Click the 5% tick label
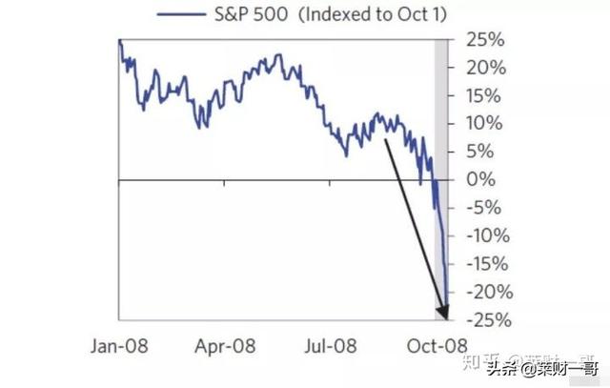480,152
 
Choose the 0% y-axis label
480,179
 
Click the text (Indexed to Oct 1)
379,15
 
